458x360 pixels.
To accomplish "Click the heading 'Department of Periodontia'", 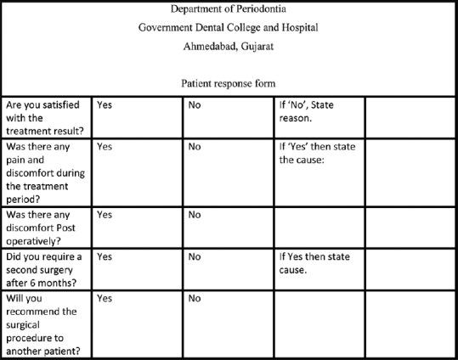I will coord(229,9).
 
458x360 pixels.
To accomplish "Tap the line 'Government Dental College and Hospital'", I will coord(229,26).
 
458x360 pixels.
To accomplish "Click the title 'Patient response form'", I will coord(229,83).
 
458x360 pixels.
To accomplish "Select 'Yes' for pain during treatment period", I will coord(105,146).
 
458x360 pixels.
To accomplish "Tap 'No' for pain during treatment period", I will coord(195,146).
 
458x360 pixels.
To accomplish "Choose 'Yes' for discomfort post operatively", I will coord(105,215).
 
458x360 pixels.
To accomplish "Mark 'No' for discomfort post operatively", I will coord(195,215).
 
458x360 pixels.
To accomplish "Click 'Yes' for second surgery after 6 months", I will coord(105,255).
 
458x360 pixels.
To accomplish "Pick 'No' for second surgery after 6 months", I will coord(195,255).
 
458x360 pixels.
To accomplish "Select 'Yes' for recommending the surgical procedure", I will coord(105,298).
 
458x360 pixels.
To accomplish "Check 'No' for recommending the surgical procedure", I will coord(195,298).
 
